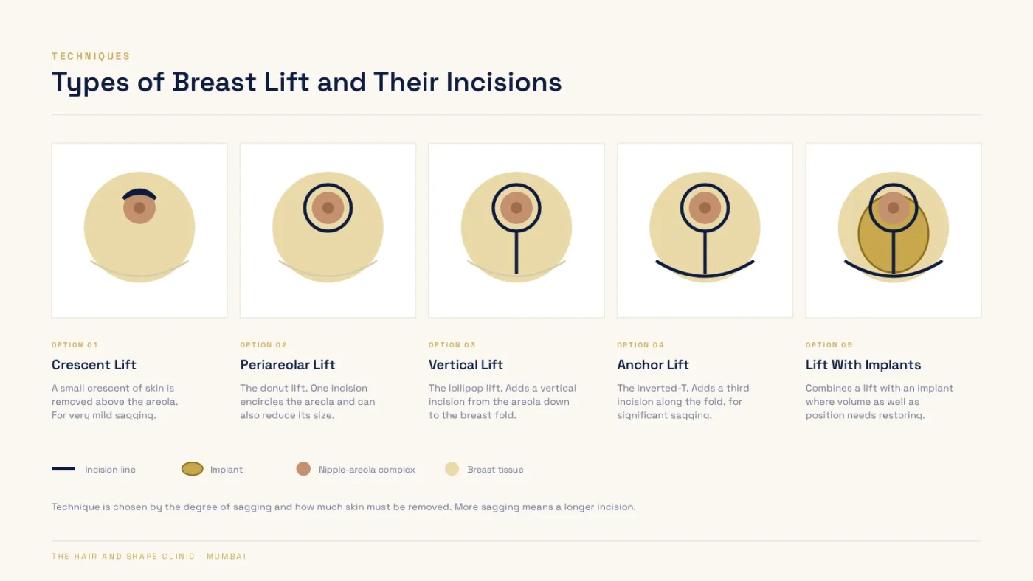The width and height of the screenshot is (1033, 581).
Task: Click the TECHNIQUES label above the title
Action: [91, 56]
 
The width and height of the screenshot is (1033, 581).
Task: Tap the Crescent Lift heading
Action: [94, 364]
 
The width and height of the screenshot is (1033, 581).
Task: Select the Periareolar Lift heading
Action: [287, 364]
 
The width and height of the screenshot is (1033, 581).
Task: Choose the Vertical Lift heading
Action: [466, 364]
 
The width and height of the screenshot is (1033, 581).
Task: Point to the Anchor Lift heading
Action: [653, 364]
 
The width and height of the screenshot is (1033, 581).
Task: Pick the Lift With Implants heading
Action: [863, 364]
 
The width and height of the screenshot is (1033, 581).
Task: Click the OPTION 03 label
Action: [452, 344]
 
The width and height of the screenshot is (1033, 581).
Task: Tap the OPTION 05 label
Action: [829, 344]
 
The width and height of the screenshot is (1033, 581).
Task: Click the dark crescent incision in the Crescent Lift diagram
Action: [139, 191]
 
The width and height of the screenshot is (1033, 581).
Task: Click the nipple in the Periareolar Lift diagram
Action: [328, 208]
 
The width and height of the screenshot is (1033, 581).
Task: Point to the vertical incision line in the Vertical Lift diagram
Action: [516, 252]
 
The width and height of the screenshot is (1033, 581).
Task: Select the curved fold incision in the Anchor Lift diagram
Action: [705, 276]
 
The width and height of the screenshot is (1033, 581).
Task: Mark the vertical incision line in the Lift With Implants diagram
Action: [894, 252]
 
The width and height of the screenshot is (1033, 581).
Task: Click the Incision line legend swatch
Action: [63, 469]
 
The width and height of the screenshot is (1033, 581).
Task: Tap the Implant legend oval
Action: [193, 469]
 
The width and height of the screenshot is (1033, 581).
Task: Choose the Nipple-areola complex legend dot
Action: [303, 469]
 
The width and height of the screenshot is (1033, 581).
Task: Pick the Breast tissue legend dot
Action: [452, 469]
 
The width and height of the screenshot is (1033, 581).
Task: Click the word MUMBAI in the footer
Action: [227, 556]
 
